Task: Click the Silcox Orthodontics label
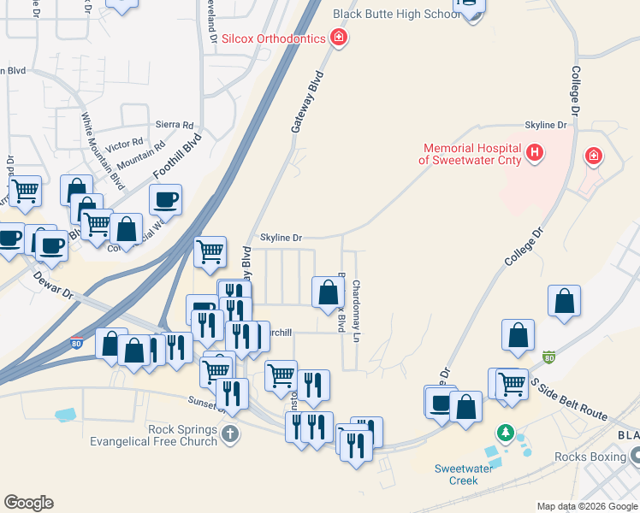coord(273,38)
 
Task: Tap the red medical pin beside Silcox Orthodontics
coord(339,38)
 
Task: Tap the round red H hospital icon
coord(535,153)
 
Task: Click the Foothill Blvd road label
coord(177,156)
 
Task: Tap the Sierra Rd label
coord(175,125)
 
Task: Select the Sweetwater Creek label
coord(462,474)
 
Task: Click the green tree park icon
coord(506,434)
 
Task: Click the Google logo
coord(28,503)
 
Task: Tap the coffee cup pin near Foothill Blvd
coord(165,200)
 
